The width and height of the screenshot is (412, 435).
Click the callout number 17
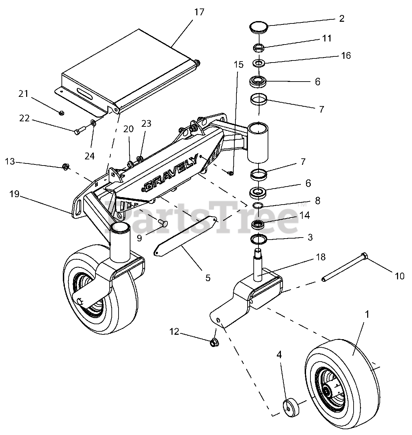point(199,12)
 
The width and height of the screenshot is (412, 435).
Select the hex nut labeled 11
point(259,48)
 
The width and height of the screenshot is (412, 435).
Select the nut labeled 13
point(66,167)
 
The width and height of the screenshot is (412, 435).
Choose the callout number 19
point(15,194)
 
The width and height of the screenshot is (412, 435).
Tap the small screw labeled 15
point(230,173)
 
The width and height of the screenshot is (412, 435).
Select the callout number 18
point(321,257)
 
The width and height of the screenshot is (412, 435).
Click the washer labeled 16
point(259,63)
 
